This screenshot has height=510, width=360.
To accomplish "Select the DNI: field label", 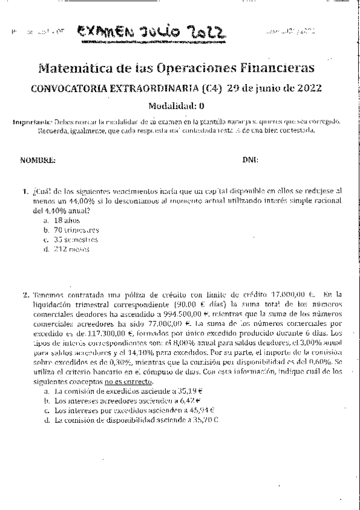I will point(250,160).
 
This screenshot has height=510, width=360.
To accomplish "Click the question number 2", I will point(26,295).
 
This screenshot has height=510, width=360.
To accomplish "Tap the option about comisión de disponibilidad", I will point(126,420).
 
